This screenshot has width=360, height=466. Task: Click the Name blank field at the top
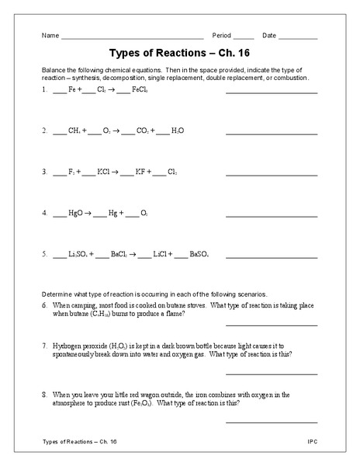(132, 37)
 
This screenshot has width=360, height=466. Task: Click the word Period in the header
(221, 35)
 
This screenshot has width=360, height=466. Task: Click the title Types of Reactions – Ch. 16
(179, 54)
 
